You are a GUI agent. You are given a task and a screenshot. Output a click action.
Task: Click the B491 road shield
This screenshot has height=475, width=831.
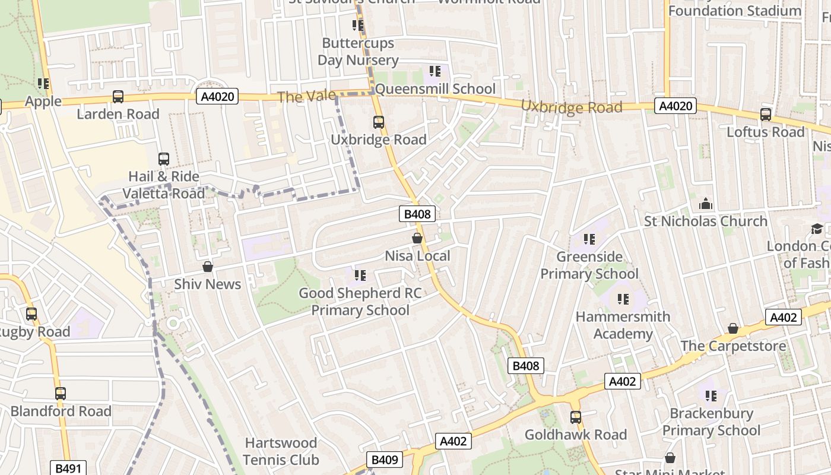coord(68,468)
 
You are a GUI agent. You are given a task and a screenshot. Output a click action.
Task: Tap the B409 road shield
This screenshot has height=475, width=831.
coord(384,460)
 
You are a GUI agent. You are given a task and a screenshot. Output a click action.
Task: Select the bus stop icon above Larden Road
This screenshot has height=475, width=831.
coord(118,97)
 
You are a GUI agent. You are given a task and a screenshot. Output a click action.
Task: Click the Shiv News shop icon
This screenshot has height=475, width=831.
coord(208,267)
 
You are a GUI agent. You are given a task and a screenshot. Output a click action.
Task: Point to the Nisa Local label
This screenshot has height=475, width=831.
coord(417,256)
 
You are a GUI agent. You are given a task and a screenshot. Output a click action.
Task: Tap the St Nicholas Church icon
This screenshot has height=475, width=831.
coord(706,204)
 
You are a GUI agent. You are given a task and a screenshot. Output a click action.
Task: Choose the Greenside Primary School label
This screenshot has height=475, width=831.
coord(589,265)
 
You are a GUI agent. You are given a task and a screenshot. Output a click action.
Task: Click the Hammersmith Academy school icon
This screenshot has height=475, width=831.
coord(623,299)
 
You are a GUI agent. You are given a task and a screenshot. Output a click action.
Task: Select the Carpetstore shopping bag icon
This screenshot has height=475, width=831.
coord(733,329)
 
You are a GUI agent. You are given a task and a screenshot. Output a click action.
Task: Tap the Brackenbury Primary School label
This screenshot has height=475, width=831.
coord(711,422)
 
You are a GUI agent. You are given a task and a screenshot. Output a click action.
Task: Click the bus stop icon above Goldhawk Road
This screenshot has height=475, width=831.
coord(575,417)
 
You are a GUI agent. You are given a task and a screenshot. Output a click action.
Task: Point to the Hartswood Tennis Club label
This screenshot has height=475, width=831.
coord(281,451)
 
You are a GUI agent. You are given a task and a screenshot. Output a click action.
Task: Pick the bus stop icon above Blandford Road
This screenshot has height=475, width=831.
coord(61,394)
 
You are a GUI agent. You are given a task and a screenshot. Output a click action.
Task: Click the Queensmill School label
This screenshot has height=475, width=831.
coord(435,89)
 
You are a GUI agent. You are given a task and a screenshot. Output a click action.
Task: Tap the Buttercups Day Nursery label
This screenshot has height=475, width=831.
coord(358,52)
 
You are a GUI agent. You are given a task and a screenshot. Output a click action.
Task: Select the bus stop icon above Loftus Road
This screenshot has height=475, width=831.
coord(766,115)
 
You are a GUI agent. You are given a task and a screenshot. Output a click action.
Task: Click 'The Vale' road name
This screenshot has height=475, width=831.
coord(307,97)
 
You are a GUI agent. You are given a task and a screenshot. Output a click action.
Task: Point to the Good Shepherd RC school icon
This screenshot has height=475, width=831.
coord(360,275)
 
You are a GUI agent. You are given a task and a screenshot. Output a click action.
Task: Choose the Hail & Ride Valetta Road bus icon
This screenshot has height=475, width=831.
coord(164,159)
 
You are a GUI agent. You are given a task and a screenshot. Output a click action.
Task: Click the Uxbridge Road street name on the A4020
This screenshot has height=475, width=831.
coord(572,107)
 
